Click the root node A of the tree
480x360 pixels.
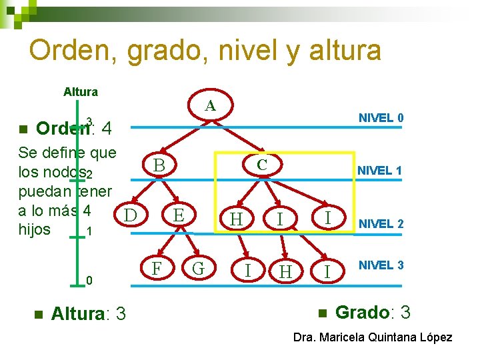click(210, 105)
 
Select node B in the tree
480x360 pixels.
click(158, 165)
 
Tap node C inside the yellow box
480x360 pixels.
click(262, 163)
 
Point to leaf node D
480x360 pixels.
click(131, 215)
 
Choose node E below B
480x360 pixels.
click(177, 215)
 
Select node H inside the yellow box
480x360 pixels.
click(236, 219)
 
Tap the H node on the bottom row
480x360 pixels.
click(285, 271)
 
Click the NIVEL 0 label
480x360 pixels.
click(381, 118)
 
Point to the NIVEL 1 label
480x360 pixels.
click(379, 171)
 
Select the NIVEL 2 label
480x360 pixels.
click(381, 224)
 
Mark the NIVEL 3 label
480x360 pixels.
click(381, 265)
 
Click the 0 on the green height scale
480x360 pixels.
click(89, 281)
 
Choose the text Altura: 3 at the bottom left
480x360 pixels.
click(88, 313)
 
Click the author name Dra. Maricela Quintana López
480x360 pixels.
click(373, 337)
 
